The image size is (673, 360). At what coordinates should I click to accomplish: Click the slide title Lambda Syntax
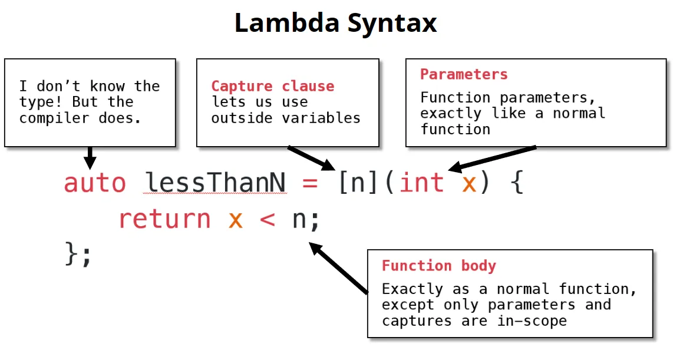click(336, 24)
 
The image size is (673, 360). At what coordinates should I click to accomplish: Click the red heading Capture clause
click(272, 87)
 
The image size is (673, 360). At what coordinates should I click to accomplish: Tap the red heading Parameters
click(464, 74)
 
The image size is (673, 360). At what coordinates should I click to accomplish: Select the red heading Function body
click(438, 266)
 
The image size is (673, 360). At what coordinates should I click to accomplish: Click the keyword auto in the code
click(95, 183)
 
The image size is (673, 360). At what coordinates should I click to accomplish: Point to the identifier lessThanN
click(215, 183)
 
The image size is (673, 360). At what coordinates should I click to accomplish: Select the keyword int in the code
click(421, 183)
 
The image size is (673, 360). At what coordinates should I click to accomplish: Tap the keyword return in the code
click(164, 219)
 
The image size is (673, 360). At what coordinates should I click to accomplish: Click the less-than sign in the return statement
click(267, 219)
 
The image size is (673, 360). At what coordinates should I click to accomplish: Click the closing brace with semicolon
click(78, 255)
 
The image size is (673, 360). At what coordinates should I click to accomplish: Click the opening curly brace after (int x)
click(516, 183)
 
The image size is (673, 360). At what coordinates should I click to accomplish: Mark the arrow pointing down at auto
click(90, 157)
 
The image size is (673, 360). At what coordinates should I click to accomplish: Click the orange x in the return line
click(236, 219)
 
